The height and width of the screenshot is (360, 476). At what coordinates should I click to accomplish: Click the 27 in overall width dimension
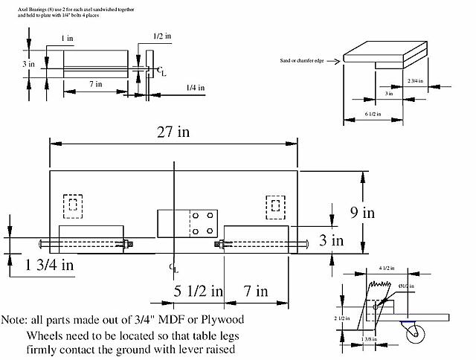click(x=173, y=132)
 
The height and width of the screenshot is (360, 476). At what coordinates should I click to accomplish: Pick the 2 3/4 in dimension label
click(x=415, y=80)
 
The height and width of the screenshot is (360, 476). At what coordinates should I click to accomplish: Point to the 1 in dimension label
click(x=68, y=37)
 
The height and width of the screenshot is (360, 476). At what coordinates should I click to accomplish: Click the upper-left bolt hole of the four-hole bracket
click(x=194, y=216)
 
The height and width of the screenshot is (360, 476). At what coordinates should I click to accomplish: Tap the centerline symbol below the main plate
click(x=173, y=266)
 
